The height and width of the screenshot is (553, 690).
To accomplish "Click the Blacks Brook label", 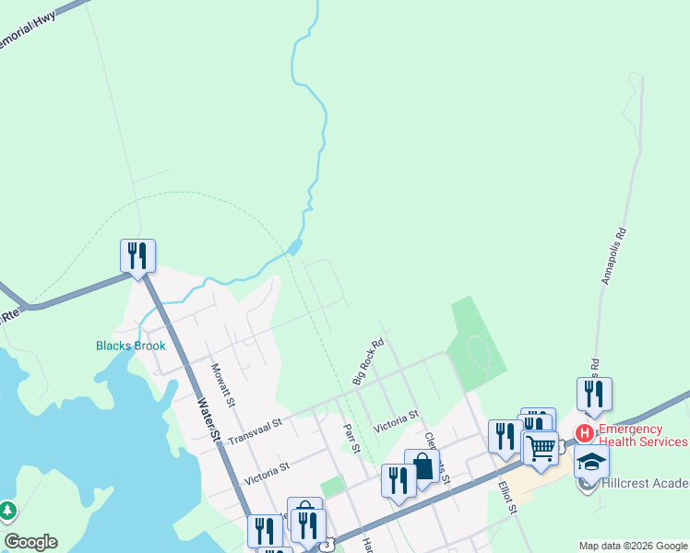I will point(131,347).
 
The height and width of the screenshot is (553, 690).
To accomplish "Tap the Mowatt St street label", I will point(223,386).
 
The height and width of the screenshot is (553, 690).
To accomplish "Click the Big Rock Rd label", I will point(367,362).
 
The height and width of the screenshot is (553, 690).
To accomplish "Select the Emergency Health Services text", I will point(643,435).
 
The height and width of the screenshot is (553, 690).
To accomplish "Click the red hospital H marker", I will point(584,432).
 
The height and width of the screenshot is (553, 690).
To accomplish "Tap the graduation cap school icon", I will point(591,460).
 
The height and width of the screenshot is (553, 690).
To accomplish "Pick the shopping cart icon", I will point(541,447).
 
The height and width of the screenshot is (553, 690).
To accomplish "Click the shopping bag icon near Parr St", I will point(422,465).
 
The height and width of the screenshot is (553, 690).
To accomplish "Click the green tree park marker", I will point(7,510).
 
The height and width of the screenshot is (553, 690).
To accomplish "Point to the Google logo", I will point(30,542).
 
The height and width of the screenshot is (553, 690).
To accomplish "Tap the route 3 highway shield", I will point(327,546).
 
